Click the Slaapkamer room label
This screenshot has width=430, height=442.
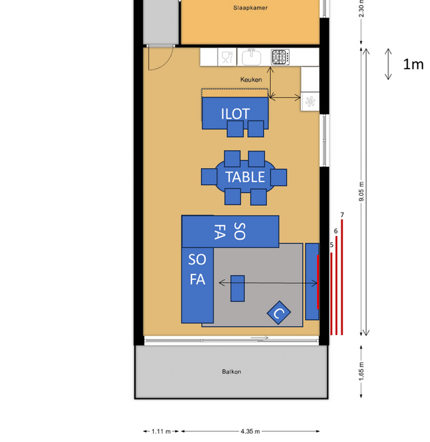251,8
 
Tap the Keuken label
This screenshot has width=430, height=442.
251,79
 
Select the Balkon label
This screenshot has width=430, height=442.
232,371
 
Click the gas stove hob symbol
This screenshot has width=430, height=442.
280,57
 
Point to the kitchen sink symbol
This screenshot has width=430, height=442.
251,57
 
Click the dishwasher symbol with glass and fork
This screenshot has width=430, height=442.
227,57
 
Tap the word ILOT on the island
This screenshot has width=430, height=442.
235,114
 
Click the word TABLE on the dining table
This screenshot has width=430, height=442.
245,177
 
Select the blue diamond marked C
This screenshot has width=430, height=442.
279,313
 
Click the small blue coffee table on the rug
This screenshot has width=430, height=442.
237,289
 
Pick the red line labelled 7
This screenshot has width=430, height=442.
342,277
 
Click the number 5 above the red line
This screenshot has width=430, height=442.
331,245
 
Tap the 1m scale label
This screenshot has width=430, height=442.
413,65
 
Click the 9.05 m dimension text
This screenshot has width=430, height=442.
361,192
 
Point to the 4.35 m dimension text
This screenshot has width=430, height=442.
251,431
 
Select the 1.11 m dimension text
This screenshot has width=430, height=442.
161,431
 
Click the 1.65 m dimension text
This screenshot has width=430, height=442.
361,371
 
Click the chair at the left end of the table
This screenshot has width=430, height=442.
209,177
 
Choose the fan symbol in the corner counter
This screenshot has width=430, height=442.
310,102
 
